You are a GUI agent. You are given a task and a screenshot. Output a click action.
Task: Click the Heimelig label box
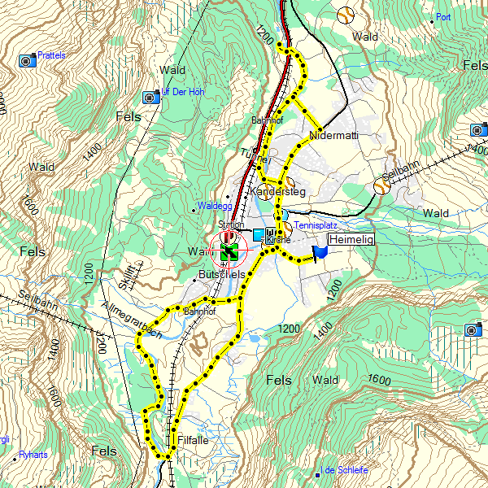tap(351, 240)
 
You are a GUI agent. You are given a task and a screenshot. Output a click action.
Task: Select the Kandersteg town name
tap(278, 192)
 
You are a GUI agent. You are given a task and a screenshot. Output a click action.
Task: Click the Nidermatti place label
tap(334, 135)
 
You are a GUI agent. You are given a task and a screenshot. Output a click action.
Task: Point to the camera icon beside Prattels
tap(28, 60)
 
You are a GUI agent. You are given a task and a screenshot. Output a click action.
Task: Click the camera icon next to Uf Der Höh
tap(150, 98)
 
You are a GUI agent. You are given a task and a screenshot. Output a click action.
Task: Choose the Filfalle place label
tap(194, 440)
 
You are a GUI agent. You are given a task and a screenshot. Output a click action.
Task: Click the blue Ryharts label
tap(33, 455)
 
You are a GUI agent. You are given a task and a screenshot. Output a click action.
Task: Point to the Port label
tap(443, 17)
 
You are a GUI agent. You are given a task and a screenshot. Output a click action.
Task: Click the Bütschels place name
tap(221, 275)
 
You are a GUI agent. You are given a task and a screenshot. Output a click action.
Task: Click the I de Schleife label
tap(346, 471)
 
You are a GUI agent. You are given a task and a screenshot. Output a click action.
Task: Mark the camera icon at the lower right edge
tap(471, 329)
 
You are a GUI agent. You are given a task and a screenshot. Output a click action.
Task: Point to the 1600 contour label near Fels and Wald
tap(378, 380)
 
